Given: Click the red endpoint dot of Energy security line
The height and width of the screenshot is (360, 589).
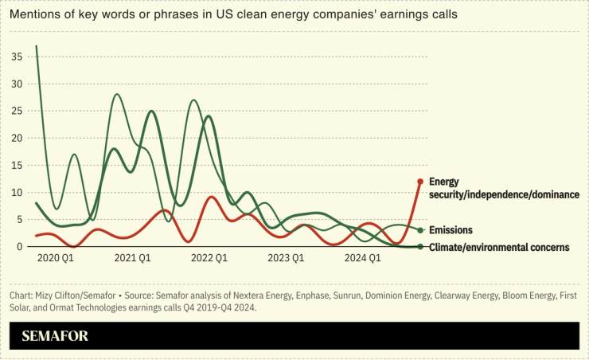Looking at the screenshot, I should [x=420, y=182].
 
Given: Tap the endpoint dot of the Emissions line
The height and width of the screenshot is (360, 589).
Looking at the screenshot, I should [x=420, y=230].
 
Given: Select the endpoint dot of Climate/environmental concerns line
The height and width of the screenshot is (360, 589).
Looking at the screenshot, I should [x=420, y=247].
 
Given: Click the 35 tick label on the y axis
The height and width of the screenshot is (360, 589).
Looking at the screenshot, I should [x=16, y=57].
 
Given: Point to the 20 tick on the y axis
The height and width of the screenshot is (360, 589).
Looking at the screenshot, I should [x=16, y=139].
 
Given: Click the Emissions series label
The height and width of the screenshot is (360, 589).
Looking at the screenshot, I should [x=451, y=230].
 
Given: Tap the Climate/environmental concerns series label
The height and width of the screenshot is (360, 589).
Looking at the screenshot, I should [x=498, y=247].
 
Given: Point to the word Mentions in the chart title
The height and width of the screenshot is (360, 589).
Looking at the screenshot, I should [x=36, y=15].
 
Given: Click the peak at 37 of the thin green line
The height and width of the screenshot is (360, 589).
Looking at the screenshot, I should [x=37, y=46].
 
